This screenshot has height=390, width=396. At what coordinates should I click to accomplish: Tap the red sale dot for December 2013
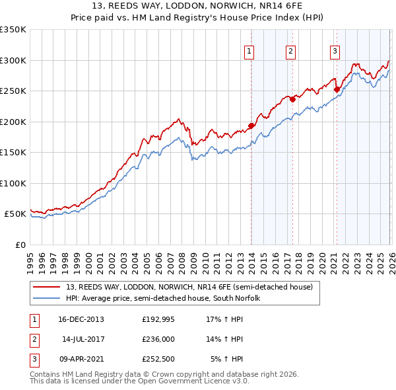(251, 126)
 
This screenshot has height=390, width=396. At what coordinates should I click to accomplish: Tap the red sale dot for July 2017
(292, 100)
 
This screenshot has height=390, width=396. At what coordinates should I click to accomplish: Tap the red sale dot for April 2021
(337, 89)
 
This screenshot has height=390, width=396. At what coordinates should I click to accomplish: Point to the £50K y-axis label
(15, 214)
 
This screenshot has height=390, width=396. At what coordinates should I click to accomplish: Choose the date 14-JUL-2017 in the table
(83, 339)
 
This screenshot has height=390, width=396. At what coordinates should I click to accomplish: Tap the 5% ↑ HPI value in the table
(227, 360)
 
